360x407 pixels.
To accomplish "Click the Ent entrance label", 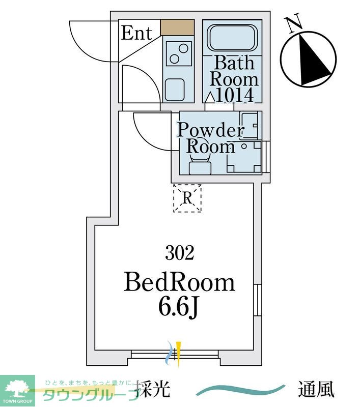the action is [x=136, y=33].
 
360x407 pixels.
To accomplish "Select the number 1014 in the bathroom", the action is [x=234, y=95].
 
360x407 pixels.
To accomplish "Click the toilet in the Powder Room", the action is [x=200, y=163].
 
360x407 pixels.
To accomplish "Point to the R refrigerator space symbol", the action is [x=187, y=198].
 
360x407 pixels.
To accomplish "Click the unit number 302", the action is [x=179, y=253].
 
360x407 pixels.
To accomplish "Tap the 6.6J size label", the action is [x=178, y=307].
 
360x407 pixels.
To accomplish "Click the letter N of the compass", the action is [x=293, y=23].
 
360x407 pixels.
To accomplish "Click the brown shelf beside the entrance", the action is [x=177, y=27].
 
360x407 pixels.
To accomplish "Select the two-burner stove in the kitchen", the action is [x=179, y=53].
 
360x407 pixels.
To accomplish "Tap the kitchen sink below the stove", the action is [x=175, y=89].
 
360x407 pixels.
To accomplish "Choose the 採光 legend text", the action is [x=153, y=389].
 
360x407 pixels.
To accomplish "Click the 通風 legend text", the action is [x=316, y=389].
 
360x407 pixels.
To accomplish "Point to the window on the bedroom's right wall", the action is [x=258, y=300].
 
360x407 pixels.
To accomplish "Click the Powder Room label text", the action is [x=211, y=138].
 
